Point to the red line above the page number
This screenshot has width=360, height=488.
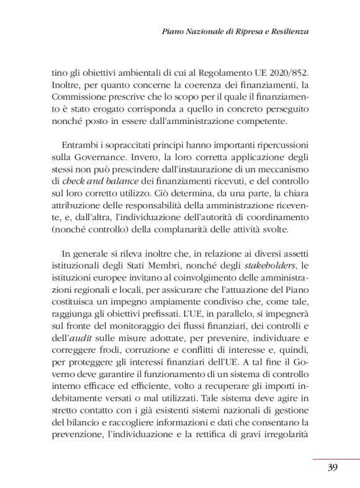pyautogui.click(x=336, y=459)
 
